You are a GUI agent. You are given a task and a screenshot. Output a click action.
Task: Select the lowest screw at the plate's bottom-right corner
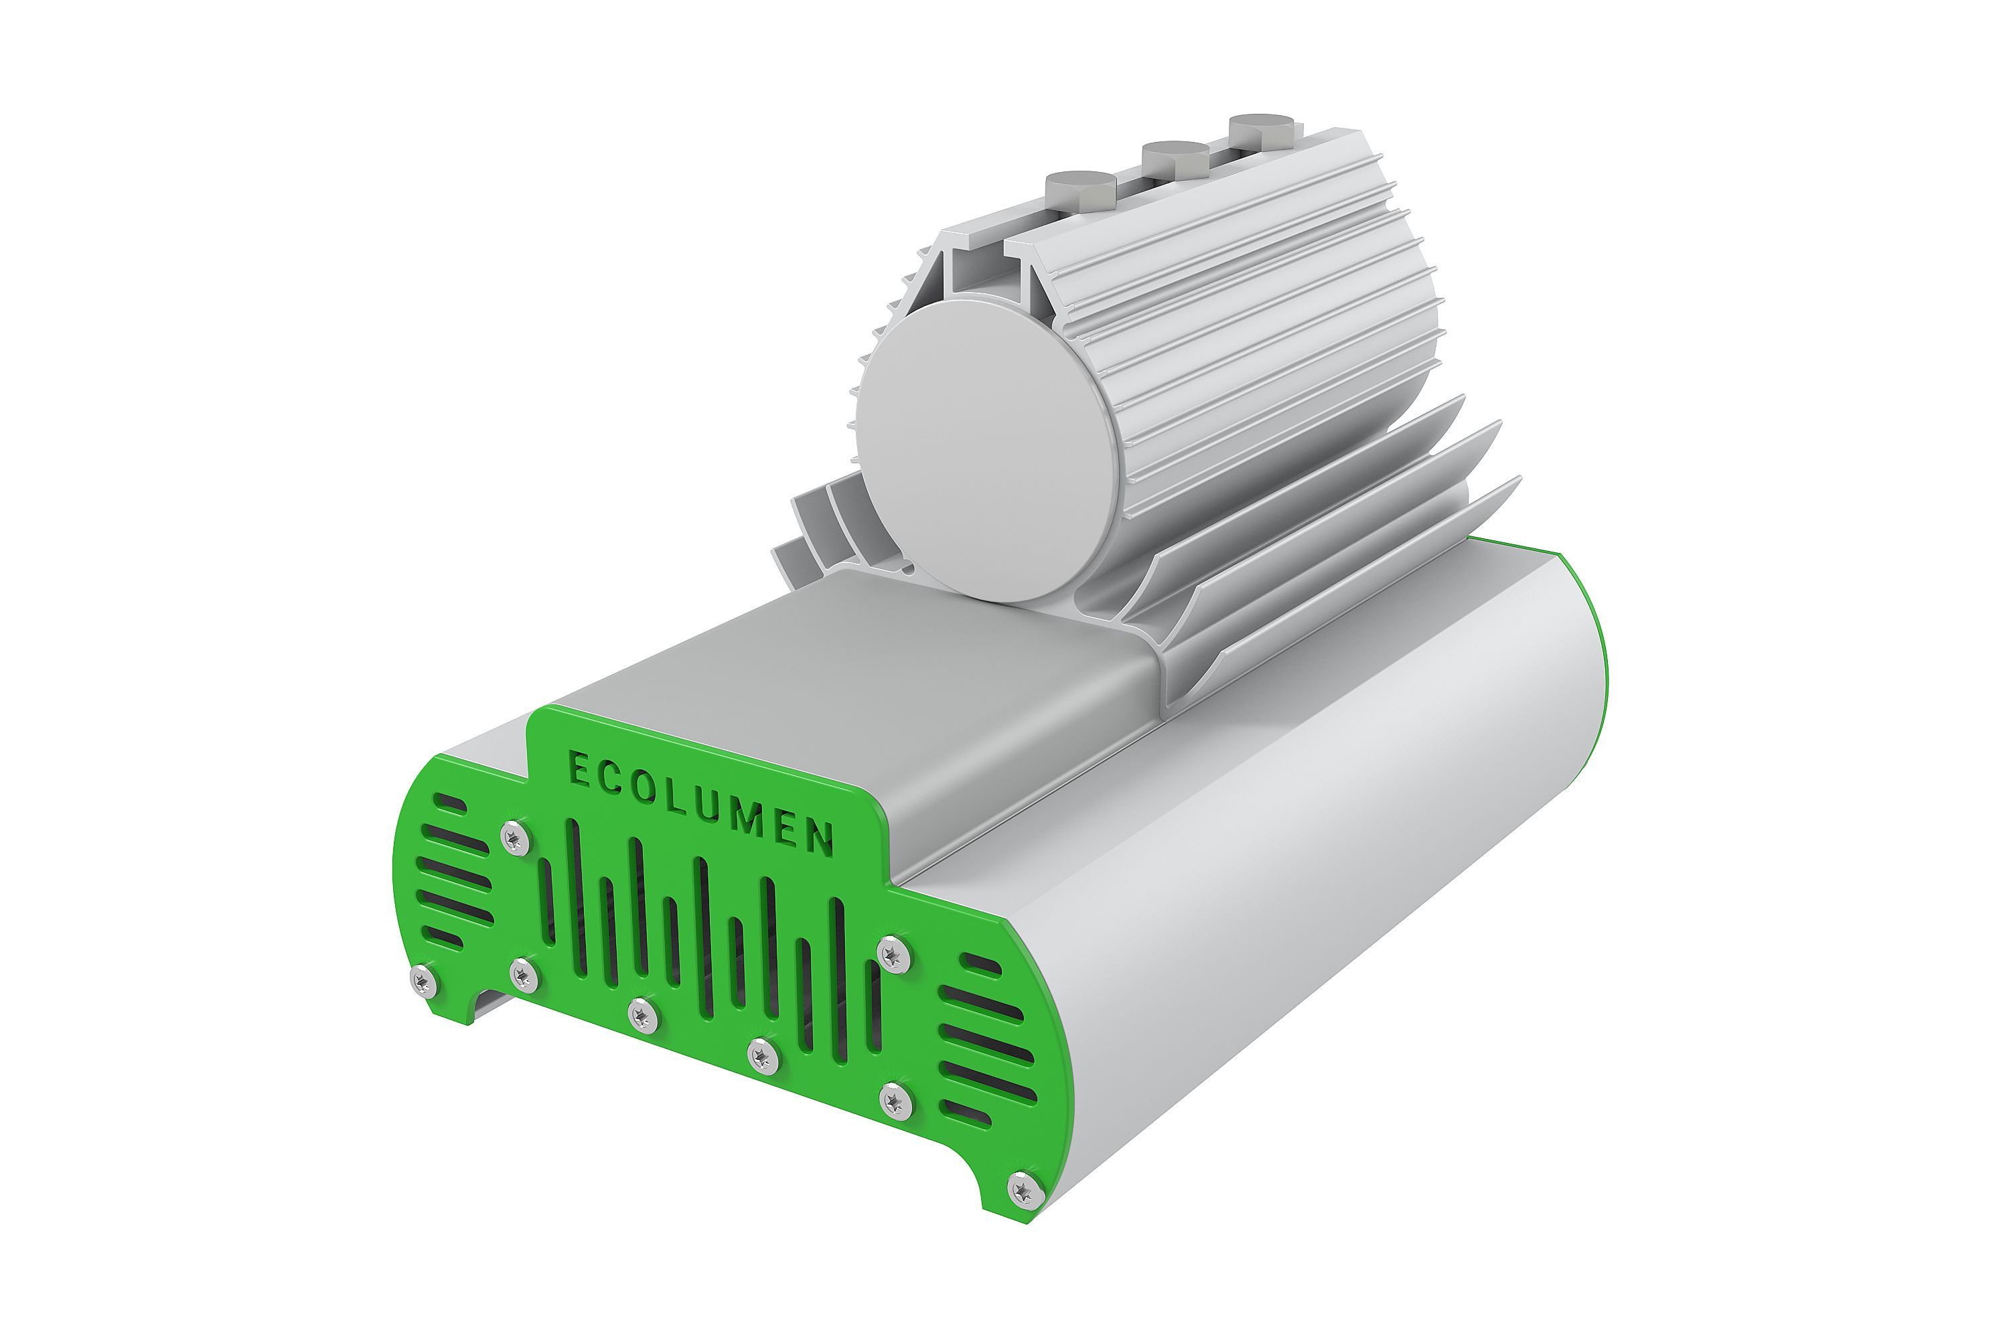(x=1024, y=1190)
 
